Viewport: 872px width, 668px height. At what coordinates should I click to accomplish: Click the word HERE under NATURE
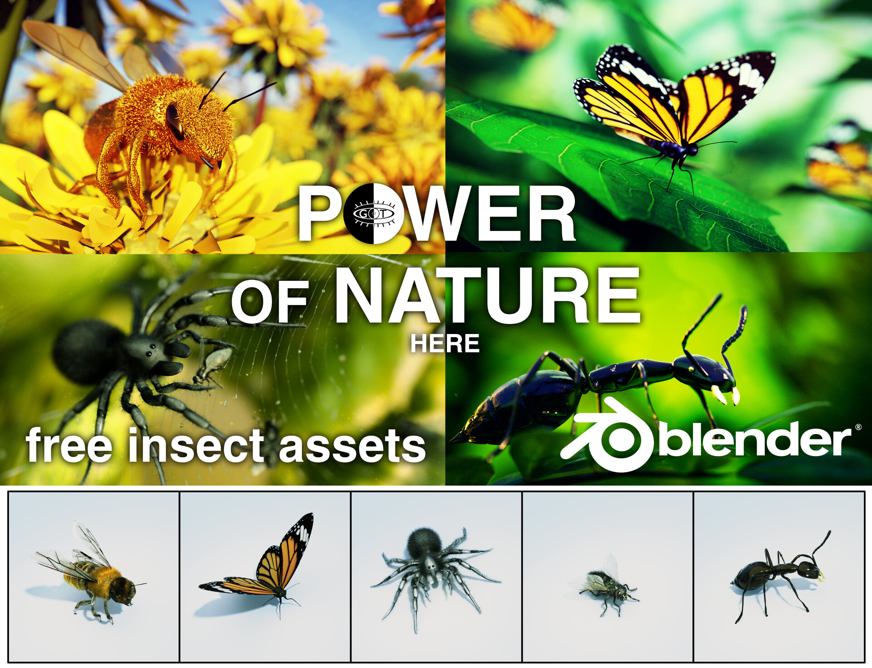[445, 344]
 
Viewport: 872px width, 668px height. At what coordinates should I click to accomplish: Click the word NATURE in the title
[487, 296]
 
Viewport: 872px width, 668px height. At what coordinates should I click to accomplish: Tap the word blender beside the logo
[754, 440]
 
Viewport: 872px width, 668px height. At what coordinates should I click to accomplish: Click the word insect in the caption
[196, 446]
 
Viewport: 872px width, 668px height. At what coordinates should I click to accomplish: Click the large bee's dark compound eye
[175, 121]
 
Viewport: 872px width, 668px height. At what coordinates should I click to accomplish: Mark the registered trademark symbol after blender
[858, 427]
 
